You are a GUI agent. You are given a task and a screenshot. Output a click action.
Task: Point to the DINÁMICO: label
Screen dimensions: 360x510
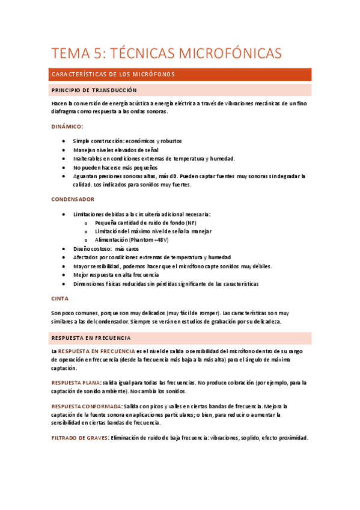point(67,127)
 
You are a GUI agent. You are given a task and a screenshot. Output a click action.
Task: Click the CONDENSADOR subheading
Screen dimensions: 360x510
point(73,199)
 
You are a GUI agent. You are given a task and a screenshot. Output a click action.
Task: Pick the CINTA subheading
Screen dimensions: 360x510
point(60,298)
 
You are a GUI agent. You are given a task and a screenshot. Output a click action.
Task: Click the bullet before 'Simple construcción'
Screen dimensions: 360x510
point(64,141)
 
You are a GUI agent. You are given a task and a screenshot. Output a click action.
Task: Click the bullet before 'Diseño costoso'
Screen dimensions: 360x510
point(64,248)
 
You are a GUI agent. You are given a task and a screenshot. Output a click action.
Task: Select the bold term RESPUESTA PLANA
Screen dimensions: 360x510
point(76,382)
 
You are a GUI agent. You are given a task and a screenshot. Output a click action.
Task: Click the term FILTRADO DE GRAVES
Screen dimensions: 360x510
point(79,438)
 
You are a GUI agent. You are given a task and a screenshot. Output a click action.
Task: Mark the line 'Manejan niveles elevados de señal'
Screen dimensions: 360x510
point(115,150)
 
